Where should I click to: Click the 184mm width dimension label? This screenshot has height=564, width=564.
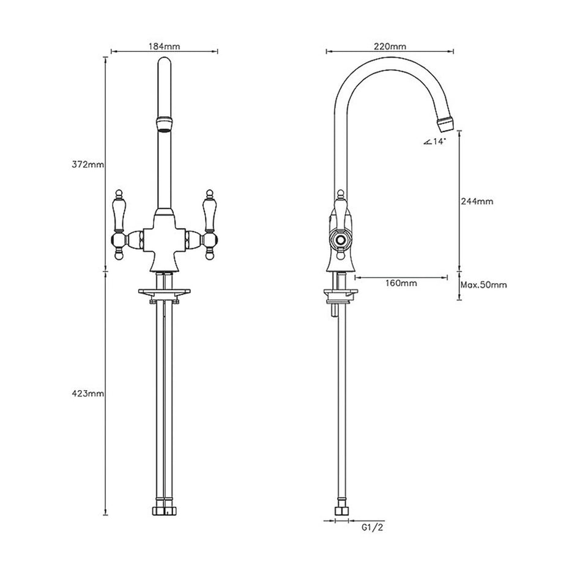(x=164, y=46)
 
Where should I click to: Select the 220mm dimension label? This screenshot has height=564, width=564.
(x=389, y=46)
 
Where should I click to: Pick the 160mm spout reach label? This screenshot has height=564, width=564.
(x=401, y=283)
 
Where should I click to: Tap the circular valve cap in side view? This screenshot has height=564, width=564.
(x=340, y=239)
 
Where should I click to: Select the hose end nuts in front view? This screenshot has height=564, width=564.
(x=163, y=510)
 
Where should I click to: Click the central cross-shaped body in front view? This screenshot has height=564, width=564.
(x=163, y=239)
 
